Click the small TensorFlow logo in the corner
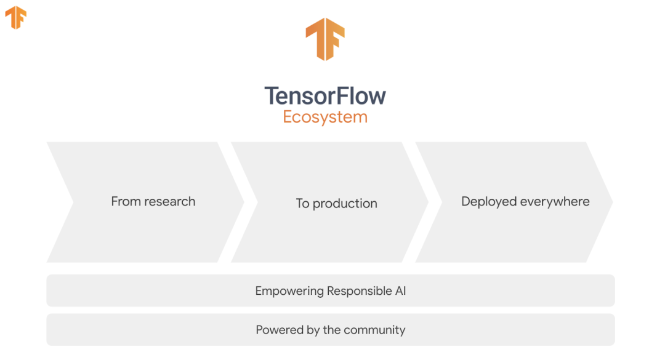[x=15, y=17]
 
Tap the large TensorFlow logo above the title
[x=324, y=39]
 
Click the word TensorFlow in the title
[x=325, y=96]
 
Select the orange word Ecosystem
[x=325, y=117]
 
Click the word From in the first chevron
[x=125, y=201]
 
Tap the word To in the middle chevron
[x=302, y=204]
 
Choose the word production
[x=345, y=204]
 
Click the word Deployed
[x=489, y=202]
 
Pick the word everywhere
[x=555, y=202]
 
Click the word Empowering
[x=289, y=291]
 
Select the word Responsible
[x=358, y=291]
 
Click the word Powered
[x=278, y=330]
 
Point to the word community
[x=376, y=330]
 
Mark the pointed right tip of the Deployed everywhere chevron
[x=611, y=202]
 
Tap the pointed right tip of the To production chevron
[x=427, y=202]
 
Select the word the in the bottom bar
[x=332, y=330]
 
